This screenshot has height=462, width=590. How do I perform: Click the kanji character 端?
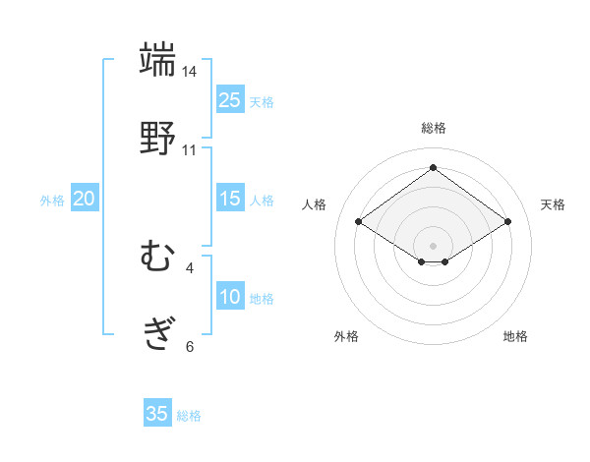(x=157, y=60)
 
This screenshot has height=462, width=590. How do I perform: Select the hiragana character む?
(x=157, y=258)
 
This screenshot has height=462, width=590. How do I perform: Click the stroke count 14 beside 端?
(x=190, y=72)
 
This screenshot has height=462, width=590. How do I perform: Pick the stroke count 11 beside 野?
(x=190, y=150)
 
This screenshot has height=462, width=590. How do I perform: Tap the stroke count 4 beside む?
(x=190, y=267)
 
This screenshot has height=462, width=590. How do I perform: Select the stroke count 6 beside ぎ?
(x=190, y=346)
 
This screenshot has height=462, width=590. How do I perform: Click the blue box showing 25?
(x=230, y=100)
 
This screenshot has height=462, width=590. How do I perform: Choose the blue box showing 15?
(x=230, y=199)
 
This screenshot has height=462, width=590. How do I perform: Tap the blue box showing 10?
(x=230, y=297)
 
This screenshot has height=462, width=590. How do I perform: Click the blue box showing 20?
(x=85, y=199)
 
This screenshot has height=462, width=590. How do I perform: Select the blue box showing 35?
(x=157, y=414)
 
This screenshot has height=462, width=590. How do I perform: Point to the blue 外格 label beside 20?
(x=52, y=201)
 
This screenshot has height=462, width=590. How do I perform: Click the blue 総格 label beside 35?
(x=189, y=416)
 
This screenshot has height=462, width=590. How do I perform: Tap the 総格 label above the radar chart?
(x=434, y=128)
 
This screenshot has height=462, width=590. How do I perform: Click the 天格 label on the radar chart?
(x=553, y=204)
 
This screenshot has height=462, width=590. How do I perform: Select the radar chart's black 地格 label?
(x=515, y=336)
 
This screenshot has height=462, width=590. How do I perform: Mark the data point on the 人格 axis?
(x=359, y=222)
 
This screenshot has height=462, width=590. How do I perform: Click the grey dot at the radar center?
(x=434, y=245)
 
